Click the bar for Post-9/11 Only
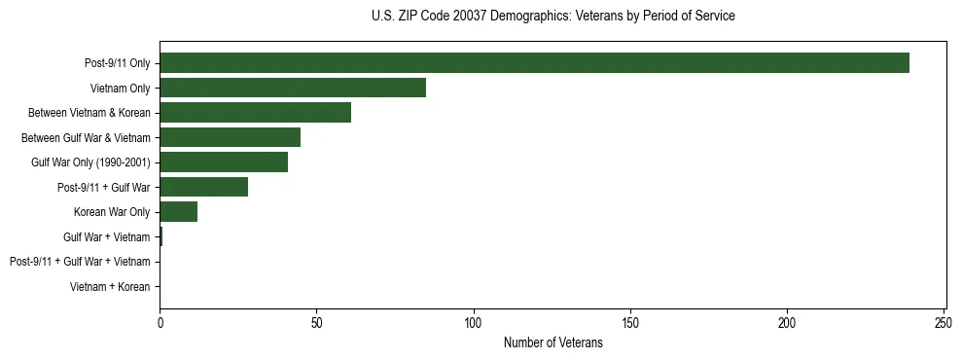(x=534, y=63)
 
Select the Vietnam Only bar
(x=293, y=88)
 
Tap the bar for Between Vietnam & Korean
(x=255, y=113)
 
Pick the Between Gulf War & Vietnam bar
(x=230, y=137)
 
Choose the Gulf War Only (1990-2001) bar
(x=224, y=162)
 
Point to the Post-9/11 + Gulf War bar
(x=203, y=187)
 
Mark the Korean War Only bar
(x=178, y=212)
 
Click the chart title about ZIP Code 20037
(x=552, y=17)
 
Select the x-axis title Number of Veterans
(x=552, y=343)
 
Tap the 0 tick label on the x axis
(x=160, y=323)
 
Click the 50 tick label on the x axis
(x=316, y=323)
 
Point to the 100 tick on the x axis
(x=474, y=323)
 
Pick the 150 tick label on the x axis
(x=630, y=323)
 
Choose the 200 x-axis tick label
(x=787, y=323)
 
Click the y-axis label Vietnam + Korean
(x=110, y=287)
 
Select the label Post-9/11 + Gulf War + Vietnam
(x=80, y=262)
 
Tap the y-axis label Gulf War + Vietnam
(x=107, y=236)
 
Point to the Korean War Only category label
(x=112, y=212)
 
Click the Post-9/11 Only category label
(x=118, y=63)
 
